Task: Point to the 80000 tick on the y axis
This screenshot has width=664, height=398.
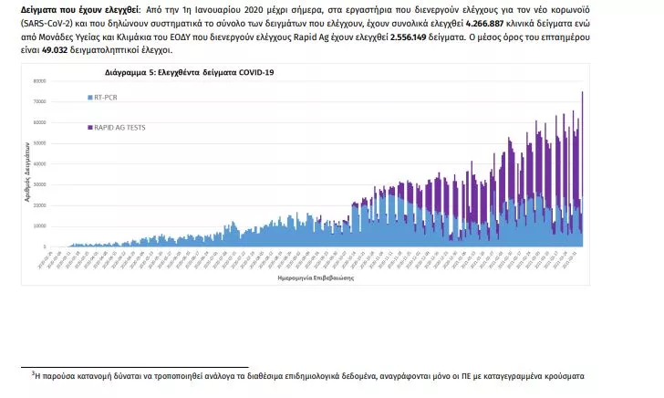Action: tap(40, 81)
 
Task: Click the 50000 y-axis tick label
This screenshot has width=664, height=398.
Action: tap(40, 143)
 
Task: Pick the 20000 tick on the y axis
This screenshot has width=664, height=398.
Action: tap(40, 205)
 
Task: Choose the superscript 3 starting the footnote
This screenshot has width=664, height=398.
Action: tap(33, 373)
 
